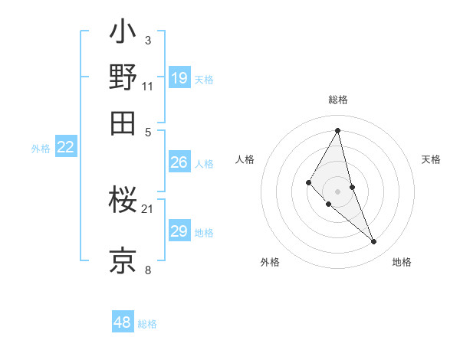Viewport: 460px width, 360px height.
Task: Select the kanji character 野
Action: tap(123, 77)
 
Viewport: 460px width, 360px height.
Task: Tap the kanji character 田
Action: tap(123, 122)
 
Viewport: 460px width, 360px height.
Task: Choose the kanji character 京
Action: tap(123, 260)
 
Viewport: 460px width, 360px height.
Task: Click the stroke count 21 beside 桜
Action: tap(148, 208)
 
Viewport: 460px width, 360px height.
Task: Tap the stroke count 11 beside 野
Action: tap(148, 86)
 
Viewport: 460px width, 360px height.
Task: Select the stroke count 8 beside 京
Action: tap(148, 270)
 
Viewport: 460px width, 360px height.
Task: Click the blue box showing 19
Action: tap(179, 77)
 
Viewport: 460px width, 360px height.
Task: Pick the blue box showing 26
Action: tap(179, 162)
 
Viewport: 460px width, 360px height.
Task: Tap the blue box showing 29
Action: tap(179, 231)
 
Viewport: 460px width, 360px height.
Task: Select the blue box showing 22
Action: tap(65, 147)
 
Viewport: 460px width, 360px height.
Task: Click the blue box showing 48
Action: tap(123, 322)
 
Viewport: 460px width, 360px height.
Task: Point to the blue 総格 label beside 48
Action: tap(147, 324)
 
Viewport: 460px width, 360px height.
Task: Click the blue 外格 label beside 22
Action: tap(41, 149)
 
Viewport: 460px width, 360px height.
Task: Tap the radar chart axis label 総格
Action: tap(338, 100)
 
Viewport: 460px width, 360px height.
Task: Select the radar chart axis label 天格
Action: tap(431, 159)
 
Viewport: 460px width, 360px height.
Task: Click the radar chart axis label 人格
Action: tap(245, 159)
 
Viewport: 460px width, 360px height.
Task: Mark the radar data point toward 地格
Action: tap(374, 242)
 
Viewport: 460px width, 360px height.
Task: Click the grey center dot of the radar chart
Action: tap(338, 191)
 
